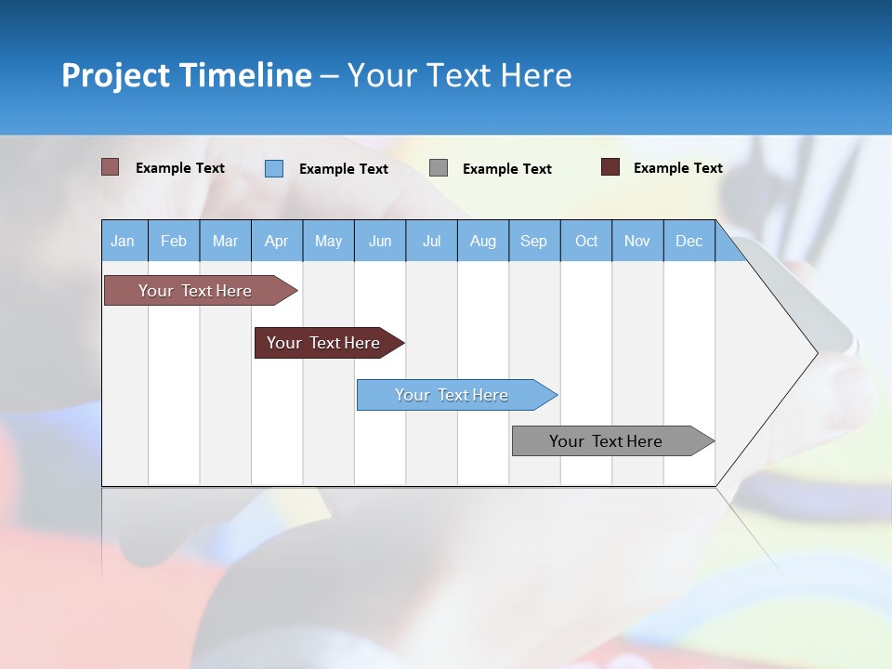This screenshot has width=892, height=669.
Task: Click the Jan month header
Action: coord(123,241)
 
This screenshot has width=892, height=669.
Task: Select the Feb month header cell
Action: coord(174,241)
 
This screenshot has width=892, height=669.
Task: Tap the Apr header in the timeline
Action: coord(276,241)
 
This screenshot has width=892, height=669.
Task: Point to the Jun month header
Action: coord(380,241)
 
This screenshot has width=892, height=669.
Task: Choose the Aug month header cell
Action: coord(482,241)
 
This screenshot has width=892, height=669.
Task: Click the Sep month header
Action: coord(533,241)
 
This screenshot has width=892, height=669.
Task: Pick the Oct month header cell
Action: coord(586,241)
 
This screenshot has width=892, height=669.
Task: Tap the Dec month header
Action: coord(689,241)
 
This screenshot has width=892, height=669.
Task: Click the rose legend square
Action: coord(110,167)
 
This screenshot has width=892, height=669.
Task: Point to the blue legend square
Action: coord(274,168)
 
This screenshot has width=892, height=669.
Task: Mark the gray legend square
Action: coord(439,168)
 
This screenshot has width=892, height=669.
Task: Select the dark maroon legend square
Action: coord(610,167)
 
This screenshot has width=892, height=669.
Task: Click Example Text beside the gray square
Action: coord(506,169)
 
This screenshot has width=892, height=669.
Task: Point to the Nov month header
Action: coord(637,241)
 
